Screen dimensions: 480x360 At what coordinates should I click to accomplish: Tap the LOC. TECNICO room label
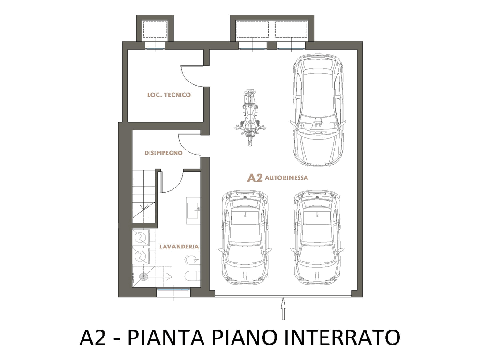tap(169, 95)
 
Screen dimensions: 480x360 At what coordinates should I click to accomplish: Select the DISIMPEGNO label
tap(164, 153)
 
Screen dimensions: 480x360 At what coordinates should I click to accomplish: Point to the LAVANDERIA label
tap(179, 247)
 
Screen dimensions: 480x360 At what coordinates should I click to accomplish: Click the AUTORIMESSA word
tap(286, 178)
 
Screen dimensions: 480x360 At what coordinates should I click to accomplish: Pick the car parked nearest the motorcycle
tap(318, 110)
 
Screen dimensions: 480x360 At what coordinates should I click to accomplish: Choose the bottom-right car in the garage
tap(317, 238)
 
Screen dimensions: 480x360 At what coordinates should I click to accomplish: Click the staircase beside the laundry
tap(143, 196)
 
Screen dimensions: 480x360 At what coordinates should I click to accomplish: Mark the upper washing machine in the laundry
tap(141, 238)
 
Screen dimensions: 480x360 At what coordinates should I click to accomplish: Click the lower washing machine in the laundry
tap(141, 255)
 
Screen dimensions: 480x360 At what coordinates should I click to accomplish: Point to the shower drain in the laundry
tap(143, 277)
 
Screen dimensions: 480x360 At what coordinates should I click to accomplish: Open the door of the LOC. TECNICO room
tap(192, 76)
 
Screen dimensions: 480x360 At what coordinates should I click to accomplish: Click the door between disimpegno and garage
tap(189, 144)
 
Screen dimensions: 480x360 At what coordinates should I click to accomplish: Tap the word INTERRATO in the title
tap(342, 337)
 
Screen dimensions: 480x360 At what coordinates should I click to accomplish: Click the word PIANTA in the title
tap(165, 337)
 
